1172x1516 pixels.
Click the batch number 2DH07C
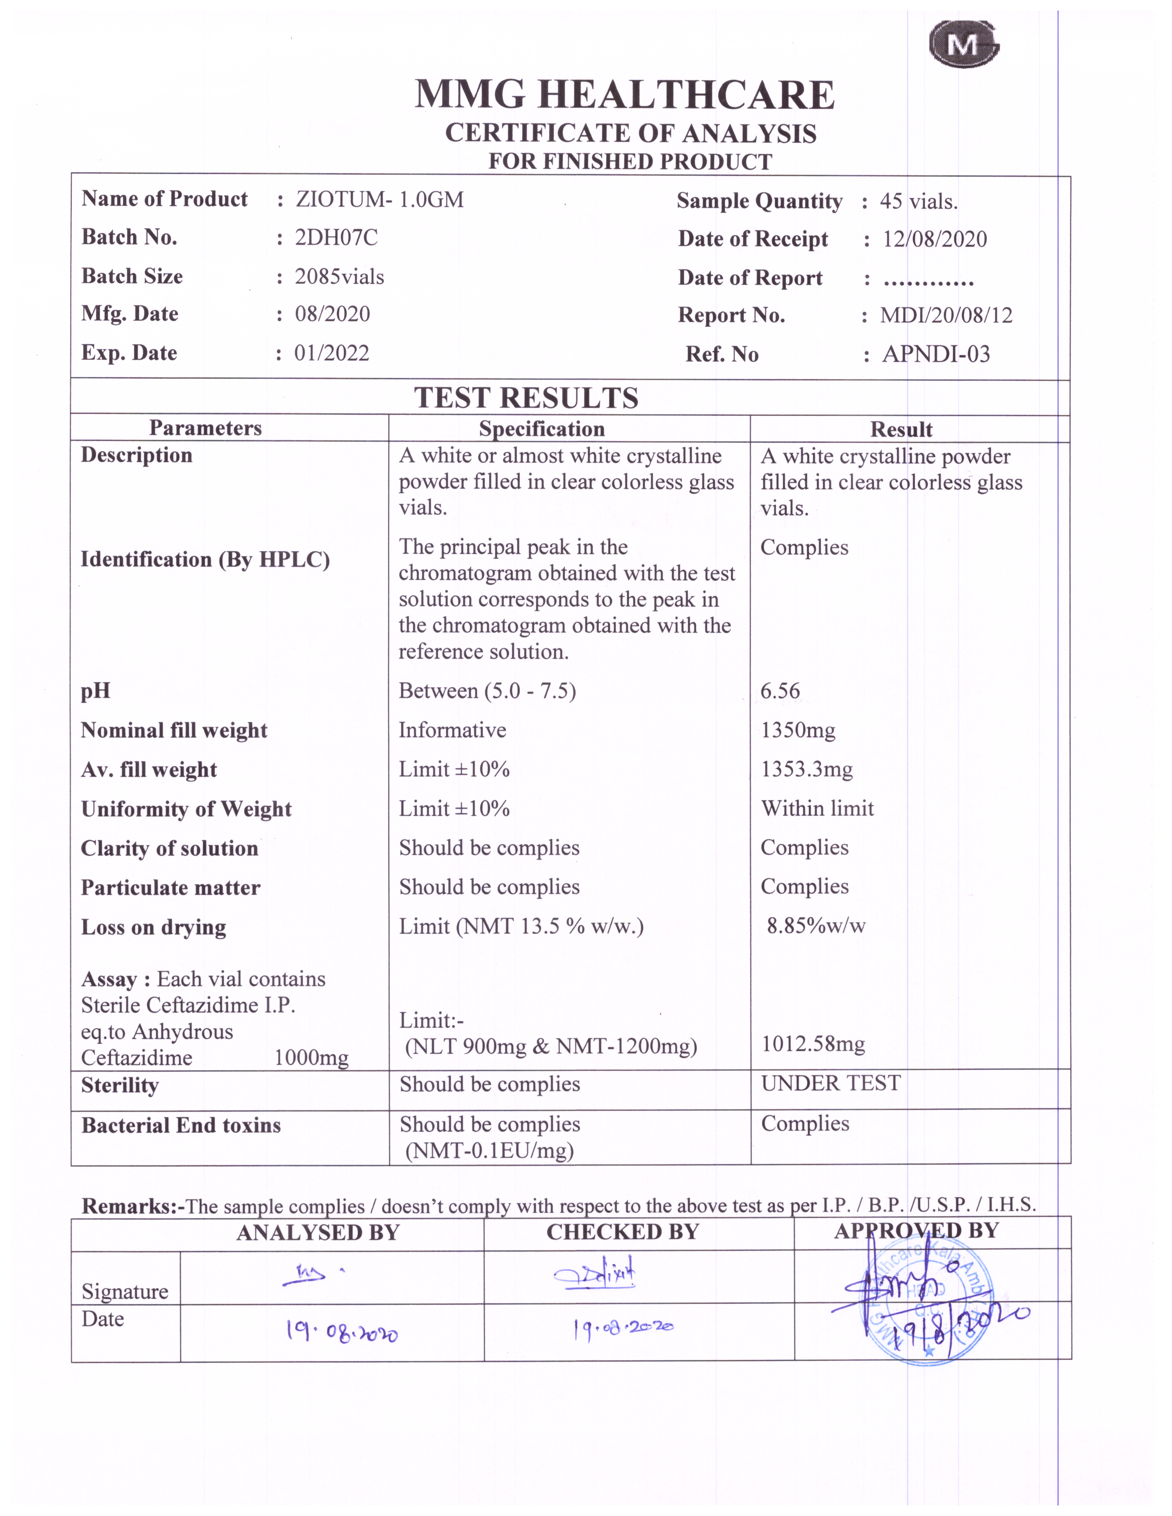336,238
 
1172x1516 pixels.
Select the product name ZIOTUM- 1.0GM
379,200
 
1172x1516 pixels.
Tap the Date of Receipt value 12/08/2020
934,239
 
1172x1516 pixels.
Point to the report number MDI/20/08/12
946,316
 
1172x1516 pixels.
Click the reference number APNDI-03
936,355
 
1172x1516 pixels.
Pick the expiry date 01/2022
332,353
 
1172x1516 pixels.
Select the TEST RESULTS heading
526,398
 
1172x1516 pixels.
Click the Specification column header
541,429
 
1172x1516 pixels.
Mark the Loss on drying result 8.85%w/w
816,926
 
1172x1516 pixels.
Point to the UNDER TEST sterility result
831,1084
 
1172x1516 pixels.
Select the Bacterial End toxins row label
181,1125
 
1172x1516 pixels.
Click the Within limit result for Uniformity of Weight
817,809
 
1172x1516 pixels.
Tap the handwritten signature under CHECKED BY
596,1274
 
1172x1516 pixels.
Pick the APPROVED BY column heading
916,1231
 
